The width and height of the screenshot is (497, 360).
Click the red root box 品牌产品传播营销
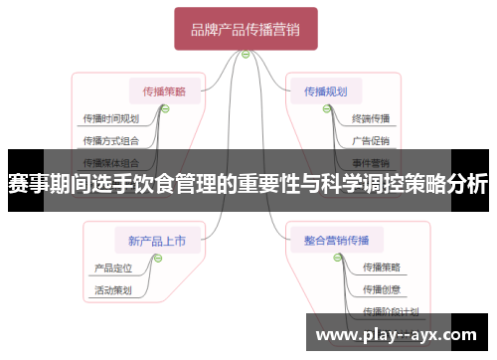(246, 30)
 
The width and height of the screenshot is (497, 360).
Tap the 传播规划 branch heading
(325, 91)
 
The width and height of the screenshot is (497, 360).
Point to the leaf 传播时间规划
(110, 118)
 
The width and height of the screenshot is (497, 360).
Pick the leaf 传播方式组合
(110, 140)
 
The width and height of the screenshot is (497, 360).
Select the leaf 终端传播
(371, 118)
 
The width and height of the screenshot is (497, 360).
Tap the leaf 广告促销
(371, 140)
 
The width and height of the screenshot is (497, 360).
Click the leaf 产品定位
(112, 267)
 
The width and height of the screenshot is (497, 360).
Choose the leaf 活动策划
(112, 290)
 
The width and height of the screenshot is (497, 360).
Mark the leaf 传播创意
(382, 289)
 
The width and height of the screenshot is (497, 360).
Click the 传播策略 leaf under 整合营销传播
(382, 267)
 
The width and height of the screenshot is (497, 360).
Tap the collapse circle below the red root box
(246, 55)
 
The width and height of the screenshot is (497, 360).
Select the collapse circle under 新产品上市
(156, 257)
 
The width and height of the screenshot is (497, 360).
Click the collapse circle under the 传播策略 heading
(164, 109)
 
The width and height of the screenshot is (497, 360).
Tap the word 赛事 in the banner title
(30, 184)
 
